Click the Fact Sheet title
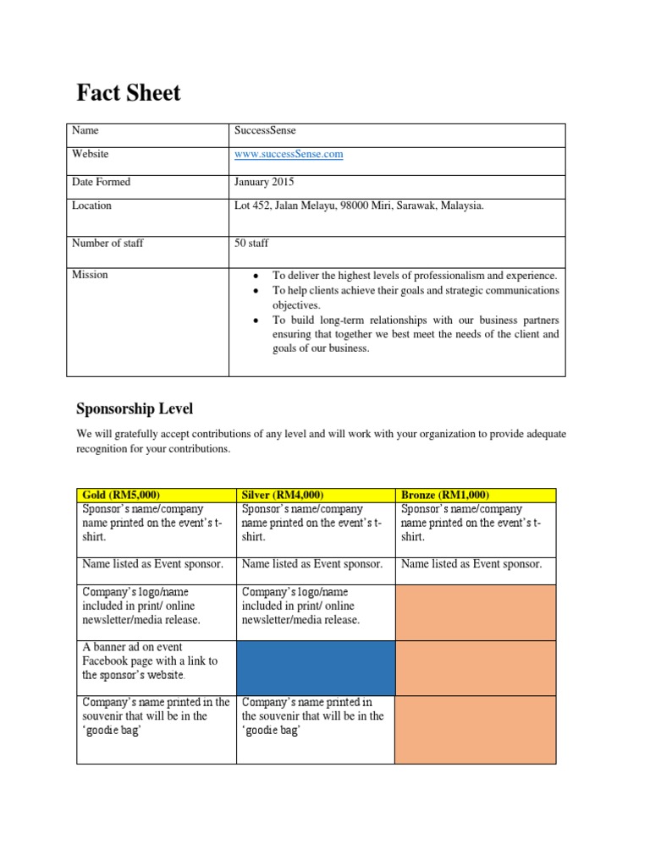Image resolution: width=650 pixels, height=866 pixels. coord(129,92)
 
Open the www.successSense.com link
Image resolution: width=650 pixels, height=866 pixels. coord(289,155)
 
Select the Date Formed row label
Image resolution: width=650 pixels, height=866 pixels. coord(102,182)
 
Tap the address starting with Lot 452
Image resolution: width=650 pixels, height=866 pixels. coord(359,206)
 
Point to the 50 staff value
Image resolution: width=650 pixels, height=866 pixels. coord(251,244)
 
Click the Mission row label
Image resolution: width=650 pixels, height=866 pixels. coord(91,275)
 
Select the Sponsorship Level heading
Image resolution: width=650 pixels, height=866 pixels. coord(135,409)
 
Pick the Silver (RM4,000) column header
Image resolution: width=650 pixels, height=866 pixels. coord(284,495)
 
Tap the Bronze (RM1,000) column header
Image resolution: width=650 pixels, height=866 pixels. coord(445,495)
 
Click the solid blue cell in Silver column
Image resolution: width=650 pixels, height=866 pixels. coord(316,668)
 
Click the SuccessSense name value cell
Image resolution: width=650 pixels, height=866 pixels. coord(265,131)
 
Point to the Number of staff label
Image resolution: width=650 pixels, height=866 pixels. coord(108,244)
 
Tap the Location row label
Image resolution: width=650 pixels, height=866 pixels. coord(92,206)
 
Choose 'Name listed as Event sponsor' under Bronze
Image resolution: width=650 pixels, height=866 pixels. coord(471,564)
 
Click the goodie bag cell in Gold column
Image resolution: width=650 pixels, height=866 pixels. coord(156,715)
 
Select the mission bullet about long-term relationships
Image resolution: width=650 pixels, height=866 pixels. coord(415,334)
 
